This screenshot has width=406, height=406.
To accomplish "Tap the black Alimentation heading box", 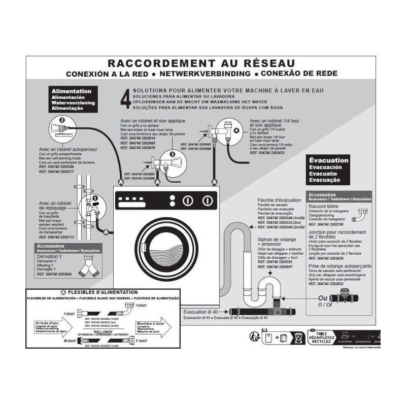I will (x=72, y=99).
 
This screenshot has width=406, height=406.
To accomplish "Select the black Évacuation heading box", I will (x=329, y=170).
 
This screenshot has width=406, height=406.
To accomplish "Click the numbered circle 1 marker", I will (x=94, y=198).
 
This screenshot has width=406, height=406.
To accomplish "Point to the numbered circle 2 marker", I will (x=62, y=120).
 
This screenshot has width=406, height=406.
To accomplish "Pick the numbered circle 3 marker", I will (x=172, y=154).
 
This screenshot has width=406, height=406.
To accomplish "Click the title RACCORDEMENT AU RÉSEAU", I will (x=201, y=63).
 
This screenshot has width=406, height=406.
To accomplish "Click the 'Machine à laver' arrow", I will (x=152, y=325).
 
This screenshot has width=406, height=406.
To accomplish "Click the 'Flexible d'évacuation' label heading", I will (x=279, y=200).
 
